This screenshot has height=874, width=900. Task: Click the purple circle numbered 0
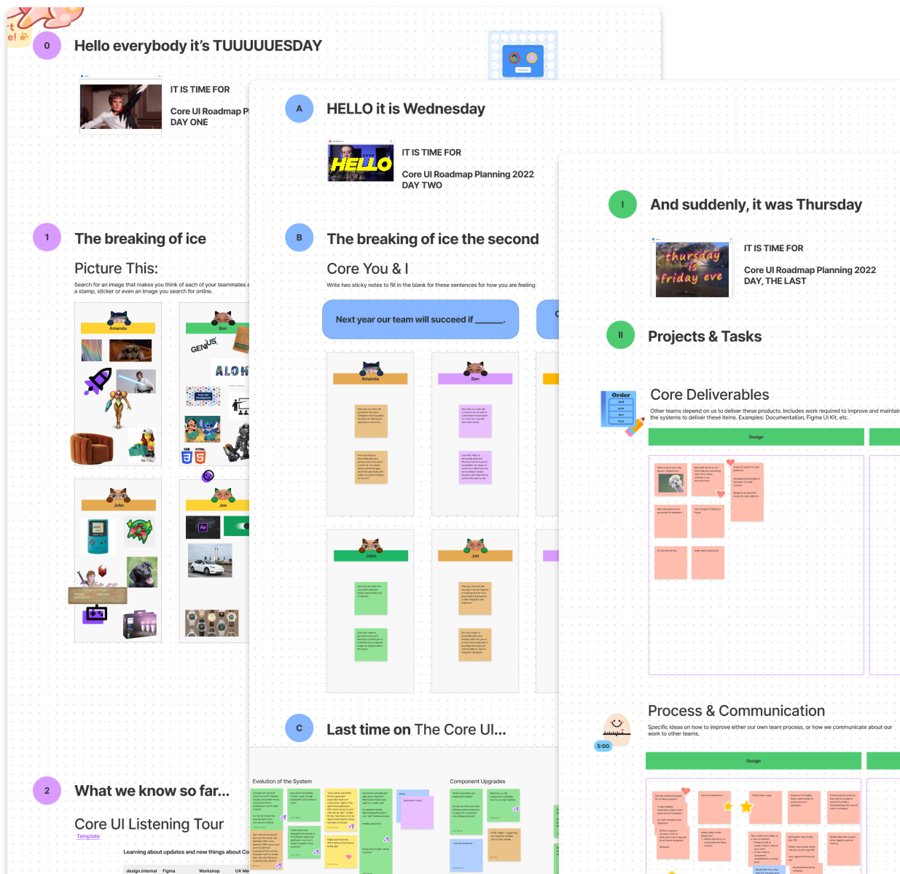pyautogui.click(x=47, y=46)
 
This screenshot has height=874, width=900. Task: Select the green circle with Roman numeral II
pyautogui.click(x=621, y=335)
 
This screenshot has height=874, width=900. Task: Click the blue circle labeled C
pyautogui.click(x=299, y=728)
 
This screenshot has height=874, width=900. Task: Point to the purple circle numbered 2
pyautogui.click(x=47, y=791)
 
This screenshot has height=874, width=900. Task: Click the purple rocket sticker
pyautogui.click(x=98, y=381)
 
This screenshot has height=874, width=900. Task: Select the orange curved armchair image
pyautogui.click(x=91, y=448)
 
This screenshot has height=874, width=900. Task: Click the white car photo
pyautogui.click(x=210, y=561)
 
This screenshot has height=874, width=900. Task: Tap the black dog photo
pyautogui.click(x=142, y=572)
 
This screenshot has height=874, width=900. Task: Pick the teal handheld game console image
pyautogui.click(x=98, y=536)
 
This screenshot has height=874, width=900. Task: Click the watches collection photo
pyautogui.click(x=212, y=623)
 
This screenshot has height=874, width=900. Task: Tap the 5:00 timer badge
pyautogui.click(x=603, y=746)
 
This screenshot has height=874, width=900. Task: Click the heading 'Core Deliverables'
pyautogui.click(x=709, y=394)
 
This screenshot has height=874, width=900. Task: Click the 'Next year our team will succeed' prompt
pyautogui.click(x=420, y=319)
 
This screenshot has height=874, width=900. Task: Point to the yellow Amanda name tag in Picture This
pyautogui.click(x=118, y=328)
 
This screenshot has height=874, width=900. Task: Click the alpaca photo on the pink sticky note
pyautogui.click(x=671, y=483)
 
